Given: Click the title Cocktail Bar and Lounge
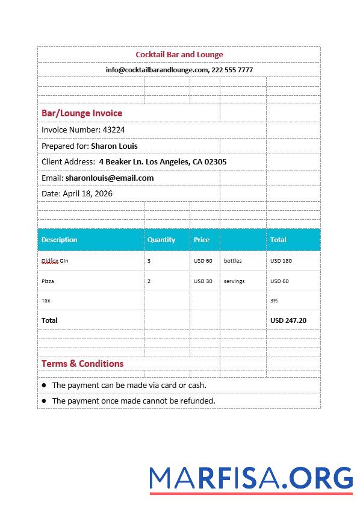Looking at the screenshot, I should click(x=179, y=54).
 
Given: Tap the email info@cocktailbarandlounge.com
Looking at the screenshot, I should click(x=157, y=70).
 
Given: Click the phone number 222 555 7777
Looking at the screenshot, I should click(x=232, y=70).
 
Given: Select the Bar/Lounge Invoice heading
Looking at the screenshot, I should click(x=82, y=113).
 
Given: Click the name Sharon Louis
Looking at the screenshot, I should click(x=114, y=146).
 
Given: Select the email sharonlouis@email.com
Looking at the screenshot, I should click(x=110, y=178).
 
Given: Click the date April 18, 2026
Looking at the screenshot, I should click(x=87, y=193).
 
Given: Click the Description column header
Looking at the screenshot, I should click(x=60, y=240).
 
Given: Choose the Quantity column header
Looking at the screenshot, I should click(x=161, y=240).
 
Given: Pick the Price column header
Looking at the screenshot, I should click(x=202, y=240).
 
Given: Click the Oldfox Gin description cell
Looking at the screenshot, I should click(x=55, y=261).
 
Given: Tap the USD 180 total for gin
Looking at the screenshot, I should click(x=281, y=261).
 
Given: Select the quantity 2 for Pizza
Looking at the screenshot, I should click(x=149, y=281).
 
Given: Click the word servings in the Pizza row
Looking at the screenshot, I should click(x=234, y=281).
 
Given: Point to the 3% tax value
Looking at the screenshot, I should click(x=274, y=300).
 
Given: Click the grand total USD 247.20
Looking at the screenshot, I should click(x=288, y=320).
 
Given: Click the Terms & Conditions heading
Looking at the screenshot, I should click(x=82, y=363).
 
